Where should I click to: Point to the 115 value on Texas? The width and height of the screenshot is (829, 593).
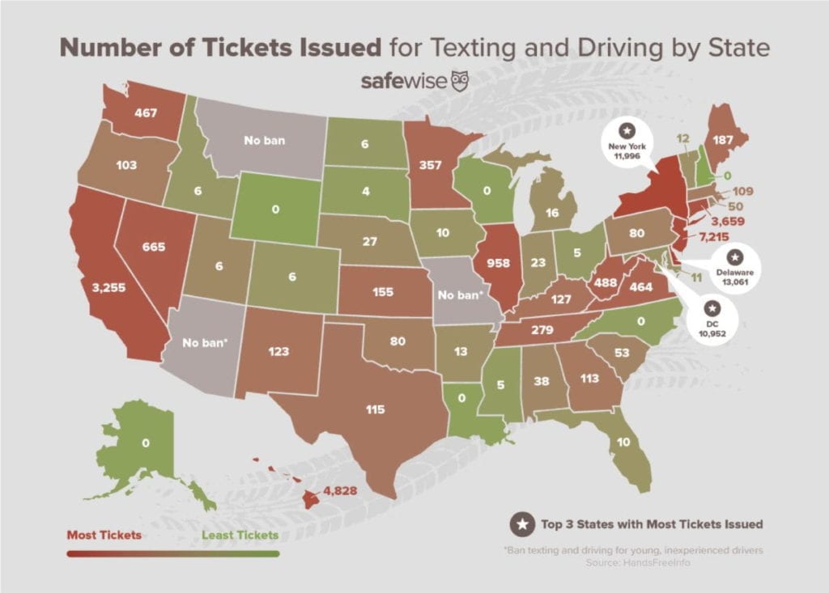(375, 410)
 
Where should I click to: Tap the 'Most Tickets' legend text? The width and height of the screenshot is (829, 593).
(104, 535)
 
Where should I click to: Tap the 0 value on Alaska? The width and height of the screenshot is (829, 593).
(146, 443)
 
